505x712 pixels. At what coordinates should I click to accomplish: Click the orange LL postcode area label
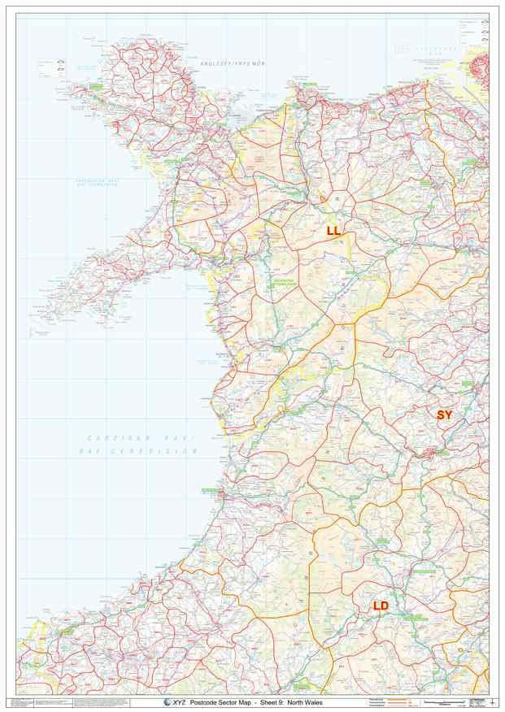pos(333,231)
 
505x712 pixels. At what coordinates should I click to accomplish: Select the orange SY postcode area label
pos(444,415)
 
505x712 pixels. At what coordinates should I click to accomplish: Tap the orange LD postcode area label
pos(381,606)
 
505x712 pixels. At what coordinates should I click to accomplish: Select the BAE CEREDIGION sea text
pos(142,450)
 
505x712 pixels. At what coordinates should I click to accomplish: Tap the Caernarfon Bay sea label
pos(97,183)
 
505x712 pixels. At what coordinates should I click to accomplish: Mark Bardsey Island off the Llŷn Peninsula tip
pos(38,318)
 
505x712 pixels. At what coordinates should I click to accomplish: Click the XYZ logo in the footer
pos(173,702)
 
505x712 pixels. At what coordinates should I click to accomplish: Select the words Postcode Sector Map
pos(220,702)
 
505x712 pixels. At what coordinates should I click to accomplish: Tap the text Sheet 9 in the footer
pos(278,702)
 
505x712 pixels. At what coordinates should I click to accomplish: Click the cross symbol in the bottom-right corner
pos(494,702)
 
